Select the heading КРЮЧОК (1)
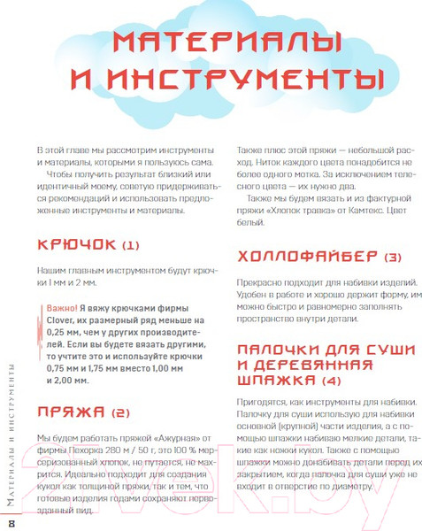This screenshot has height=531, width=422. pos(88,245)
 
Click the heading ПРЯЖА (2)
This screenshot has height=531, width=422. pos(83,412)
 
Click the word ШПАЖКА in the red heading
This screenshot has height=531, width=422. pos(276,381)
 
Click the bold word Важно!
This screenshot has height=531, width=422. pos(62,307)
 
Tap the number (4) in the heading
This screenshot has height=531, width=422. pos(330,381)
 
